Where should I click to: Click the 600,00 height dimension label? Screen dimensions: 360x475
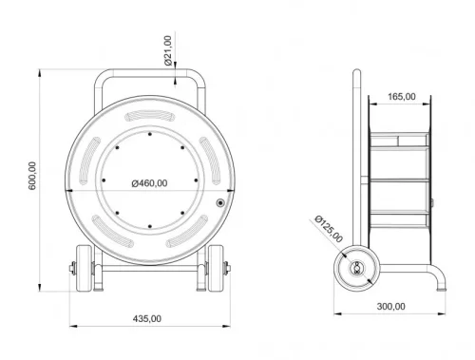coord(32,178)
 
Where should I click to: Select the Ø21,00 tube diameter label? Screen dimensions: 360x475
coord(168,48)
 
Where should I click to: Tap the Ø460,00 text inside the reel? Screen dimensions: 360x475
coord(150,183)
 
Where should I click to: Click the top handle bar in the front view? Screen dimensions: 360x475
coord(150,74)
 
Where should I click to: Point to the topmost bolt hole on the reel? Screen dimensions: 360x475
coord(150,135)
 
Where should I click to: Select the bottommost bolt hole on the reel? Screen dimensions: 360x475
coord(150,226)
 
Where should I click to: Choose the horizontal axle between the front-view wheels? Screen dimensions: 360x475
coord(150,268)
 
